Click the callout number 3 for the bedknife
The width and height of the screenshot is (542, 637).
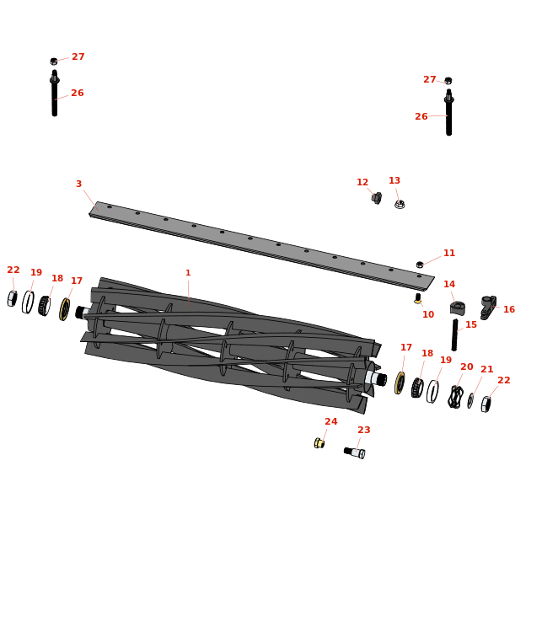(x=79, y=184)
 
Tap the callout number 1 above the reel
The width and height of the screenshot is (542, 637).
(x=188, y=273)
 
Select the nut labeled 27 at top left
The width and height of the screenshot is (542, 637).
(x=54, y=62)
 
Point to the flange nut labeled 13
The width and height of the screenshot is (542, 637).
(x=400, y=204)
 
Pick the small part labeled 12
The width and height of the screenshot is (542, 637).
(x=377, y=198)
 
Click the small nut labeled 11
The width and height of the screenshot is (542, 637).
(x=420, y=265)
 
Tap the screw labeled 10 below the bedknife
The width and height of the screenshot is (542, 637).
(x=418, y=298)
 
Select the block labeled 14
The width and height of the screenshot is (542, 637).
(x=458, y=308)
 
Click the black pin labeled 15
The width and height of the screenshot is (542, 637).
(x=454, y=335)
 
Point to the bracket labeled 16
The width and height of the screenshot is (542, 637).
(x=487, y=307)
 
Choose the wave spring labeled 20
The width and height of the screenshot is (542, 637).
(x=455, y=397)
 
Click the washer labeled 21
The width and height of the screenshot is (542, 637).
(x=470, y=400)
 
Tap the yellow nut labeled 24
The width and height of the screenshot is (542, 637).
(x=319, y=443)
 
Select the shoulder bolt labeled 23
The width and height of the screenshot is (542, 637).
(x=354, y=452)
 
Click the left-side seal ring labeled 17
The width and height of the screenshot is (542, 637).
(x=65, y=309)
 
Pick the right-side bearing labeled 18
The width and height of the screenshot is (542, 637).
(x=417, y=388)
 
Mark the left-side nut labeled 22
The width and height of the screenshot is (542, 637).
(x=12, y=298)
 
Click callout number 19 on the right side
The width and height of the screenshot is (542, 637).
(x=446, y=360)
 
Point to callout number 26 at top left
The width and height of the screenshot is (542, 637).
(x=78, y=93)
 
